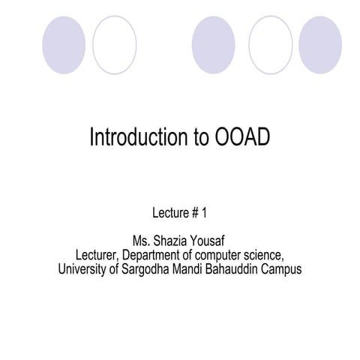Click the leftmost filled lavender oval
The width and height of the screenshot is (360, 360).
point(64,44)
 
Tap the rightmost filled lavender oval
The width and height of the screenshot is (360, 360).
point(320,44)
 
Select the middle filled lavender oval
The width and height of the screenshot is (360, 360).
point(213,44)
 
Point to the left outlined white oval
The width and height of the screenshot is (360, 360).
point(115,44)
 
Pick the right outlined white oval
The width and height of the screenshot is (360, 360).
point(270,44)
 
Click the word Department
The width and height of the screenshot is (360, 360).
point(150,256)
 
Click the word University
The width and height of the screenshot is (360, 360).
point(83,269)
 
